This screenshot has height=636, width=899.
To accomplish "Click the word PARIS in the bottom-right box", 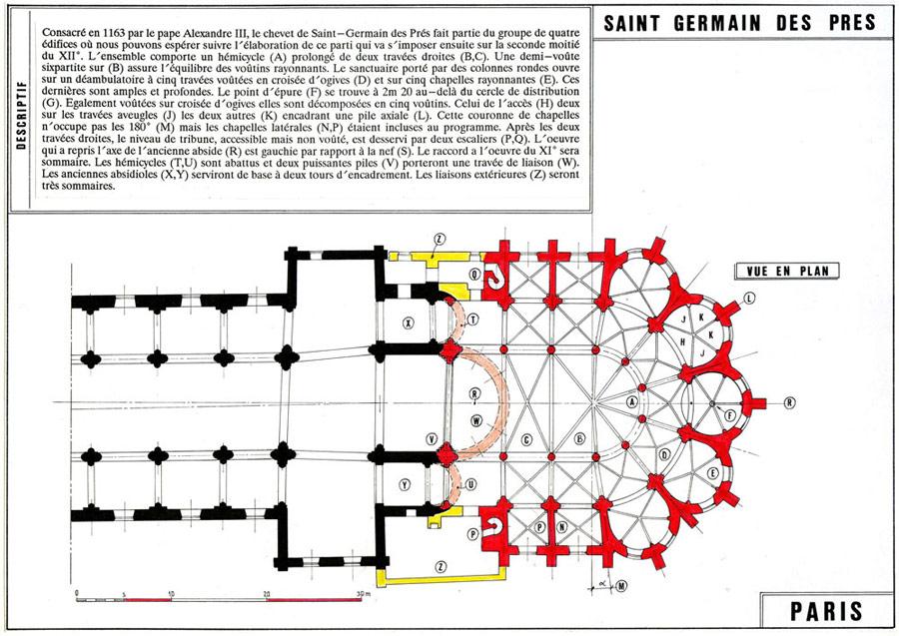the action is tap(826, 611).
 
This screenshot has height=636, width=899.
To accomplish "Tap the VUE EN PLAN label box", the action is tap(787, 271).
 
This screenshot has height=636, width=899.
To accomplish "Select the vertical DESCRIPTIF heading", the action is tap(22, 116).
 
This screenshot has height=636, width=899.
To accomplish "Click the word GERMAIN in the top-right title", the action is tap(717, 24).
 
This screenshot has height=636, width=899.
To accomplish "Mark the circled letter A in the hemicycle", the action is tap(632, 401).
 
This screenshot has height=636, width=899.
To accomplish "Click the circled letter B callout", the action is tap(579, 439).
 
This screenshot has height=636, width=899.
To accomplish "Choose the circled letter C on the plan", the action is tap(526, 440).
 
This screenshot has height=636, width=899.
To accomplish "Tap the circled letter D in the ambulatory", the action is tap(664, 455).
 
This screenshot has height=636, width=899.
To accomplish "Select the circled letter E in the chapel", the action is tap(712, 473).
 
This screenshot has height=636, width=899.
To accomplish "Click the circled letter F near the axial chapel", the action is tap(730, 416).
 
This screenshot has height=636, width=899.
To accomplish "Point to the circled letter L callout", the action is tap(749, 298).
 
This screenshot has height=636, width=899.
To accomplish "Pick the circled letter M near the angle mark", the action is tap(621, 585).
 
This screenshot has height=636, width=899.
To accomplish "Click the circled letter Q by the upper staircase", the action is tap(474, 275).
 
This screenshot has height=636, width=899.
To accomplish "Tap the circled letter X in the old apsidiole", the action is tap(409, 323).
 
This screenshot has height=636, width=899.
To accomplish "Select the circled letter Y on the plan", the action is tap(405, 484).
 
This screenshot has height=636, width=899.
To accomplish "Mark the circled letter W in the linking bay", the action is tap(476, 421).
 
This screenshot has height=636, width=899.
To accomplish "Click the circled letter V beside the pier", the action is tap(432, 439).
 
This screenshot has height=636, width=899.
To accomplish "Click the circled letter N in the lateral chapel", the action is tap(561, 526).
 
